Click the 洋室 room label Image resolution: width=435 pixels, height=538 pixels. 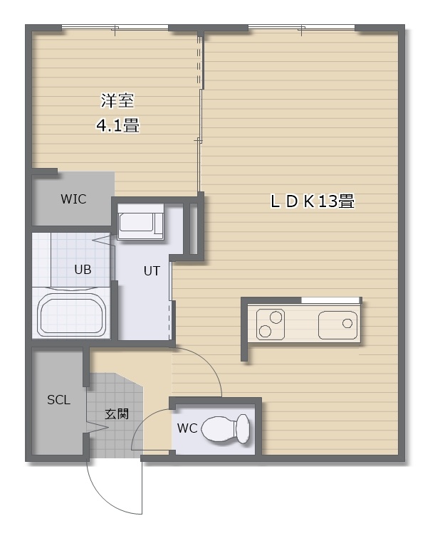click(x=117, y=100)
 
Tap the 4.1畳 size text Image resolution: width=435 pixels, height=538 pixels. click(x=117, y=125)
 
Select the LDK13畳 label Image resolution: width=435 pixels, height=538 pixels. click(x=313, y=201)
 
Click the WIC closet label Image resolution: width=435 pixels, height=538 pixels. click(x=73, y=199)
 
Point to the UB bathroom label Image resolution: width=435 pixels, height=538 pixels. click(x=83, y=270)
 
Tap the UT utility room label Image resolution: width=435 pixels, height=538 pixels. click(x=152, y=271)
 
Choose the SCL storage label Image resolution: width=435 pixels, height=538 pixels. click(x=58, y=400)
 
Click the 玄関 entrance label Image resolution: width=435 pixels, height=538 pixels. click(x=117, y=413)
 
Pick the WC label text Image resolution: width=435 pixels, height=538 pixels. click(x=187, y=428)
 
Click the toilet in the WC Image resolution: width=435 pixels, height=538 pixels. click(x=225, y=429)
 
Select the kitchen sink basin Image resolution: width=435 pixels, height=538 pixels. click(x=337, y=325)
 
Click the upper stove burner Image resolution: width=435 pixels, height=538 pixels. click(x=276, y=317)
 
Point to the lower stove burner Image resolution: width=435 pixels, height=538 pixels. click(x=265, y=331)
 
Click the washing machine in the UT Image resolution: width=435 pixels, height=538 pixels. click(x=141, y=221)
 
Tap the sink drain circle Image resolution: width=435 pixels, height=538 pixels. click(x=347, y=323)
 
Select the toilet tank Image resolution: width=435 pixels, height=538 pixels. click(x=243, y=429)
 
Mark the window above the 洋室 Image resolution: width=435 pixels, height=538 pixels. click(x=115, y=28)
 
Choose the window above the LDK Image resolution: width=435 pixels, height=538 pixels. click(x=301, y=28)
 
